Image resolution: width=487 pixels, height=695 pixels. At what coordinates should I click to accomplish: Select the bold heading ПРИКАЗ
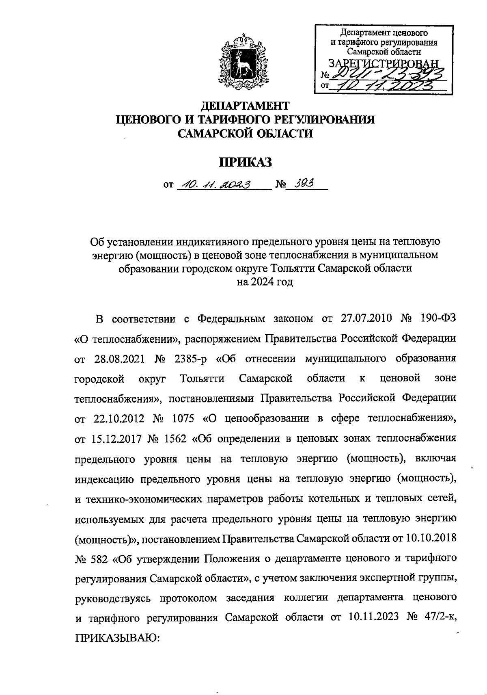pos(245,162)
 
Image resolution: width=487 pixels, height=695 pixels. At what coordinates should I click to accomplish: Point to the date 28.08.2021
pos(117,359)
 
